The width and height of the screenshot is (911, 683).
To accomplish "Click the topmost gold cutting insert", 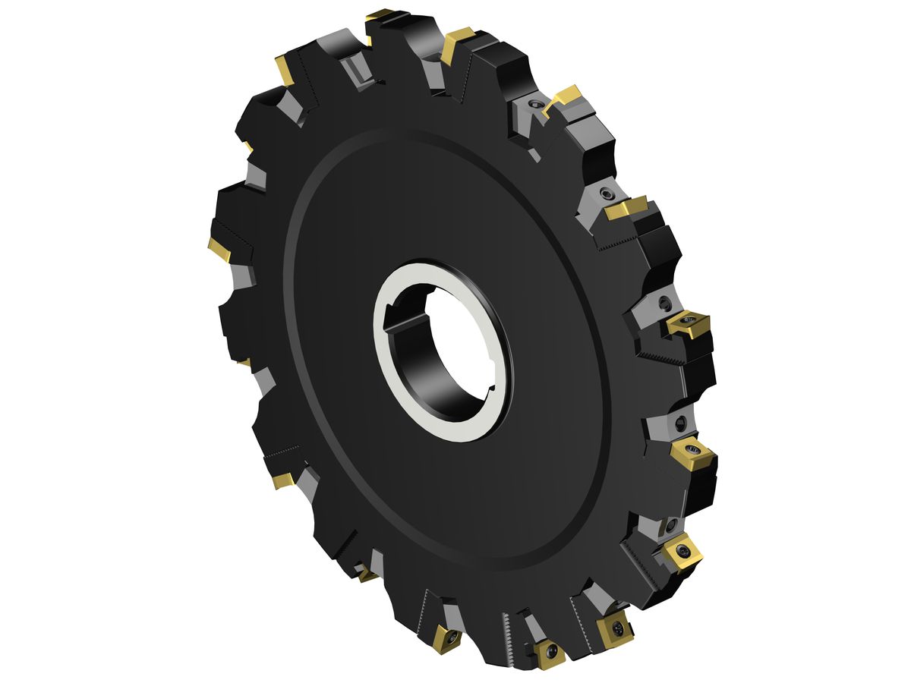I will pos(380,14).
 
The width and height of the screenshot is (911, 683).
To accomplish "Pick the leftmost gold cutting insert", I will pos(219,249).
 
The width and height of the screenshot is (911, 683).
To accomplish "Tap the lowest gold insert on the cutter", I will pos(547,653).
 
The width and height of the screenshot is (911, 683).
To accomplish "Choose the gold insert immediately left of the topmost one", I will pos(285,70).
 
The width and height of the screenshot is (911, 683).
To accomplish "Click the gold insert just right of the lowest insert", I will pos(614,628).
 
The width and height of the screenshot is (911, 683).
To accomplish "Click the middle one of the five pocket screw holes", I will pos(665,304).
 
